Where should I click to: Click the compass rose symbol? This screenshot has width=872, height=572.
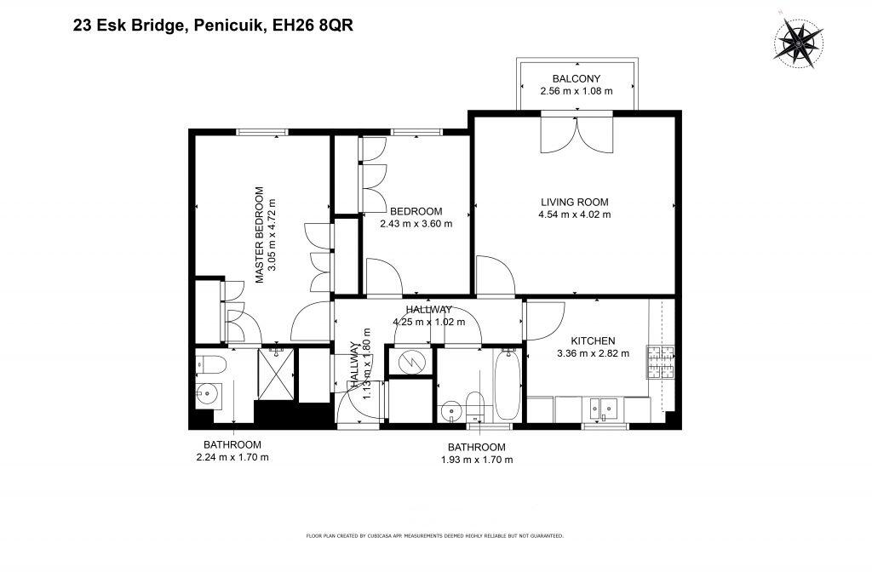pos(798,43)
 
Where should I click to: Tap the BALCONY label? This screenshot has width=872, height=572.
pos(577,79)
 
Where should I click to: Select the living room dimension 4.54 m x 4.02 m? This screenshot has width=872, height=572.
pos(575,214)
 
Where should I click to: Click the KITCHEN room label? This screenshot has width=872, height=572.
pos(593,340)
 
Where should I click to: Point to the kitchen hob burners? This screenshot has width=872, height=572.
pos(660,363)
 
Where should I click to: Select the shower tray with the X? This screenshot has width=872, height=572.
pos(277,374)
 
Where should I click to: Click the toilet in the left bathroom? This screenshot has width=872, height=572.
pos(210,364)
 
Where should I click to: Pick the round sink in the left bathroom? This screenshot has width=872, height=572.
pos(206,393)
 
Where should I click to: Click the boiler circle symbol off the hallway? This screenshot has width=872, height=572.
pos(410,363)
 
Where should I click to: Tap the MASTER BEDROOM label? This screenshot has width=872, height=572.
pos(260,235)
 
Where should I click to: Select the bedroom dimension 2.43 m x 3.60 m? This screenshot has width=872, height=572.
pos(416,224)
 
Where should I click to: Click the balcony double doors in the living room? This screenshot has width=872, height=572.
pos(577,134)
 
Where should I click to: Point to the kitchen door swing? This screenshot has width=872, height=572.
pos(546,321)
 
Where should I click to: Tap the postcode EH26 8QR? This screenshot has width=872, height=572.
pos(313,26)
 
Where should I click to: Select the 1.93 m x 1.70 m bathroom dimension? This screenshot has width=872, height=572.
pos(477,460)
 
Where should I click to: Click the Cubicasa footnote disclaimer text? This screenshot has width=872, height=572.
pos(435,536)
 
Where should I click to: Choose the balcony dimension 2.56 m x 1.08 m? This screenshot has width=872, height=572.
pos(577,91)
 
